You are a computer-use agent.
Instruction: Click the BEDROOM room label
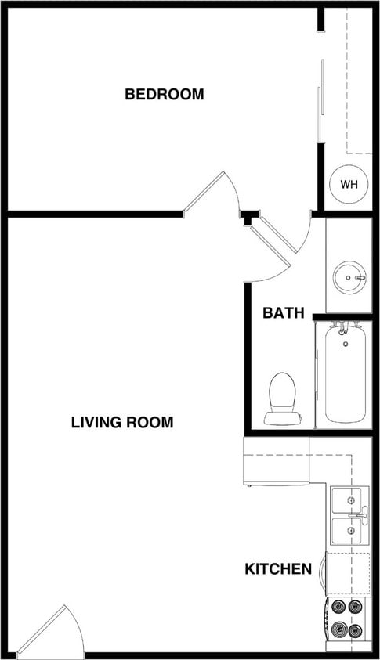click(x=165, y=95)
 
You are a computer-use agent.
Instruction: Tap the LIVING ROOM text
click(x=122, y=423)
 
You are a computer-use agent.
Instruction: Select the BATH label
click(x=283, y=313)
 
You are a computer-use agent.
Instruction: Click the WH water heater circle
click(x=349, y=185)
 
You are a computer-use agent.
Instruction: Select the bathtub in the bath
click(x=343, y=376)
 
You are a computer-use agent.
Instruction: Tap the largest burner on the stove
click(x=339, y=628)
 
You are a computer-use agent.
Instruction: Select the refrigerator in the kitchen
click(x=277, y=462)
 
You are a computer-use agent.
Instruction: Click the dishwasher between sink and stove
click(x=348, y=574)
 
